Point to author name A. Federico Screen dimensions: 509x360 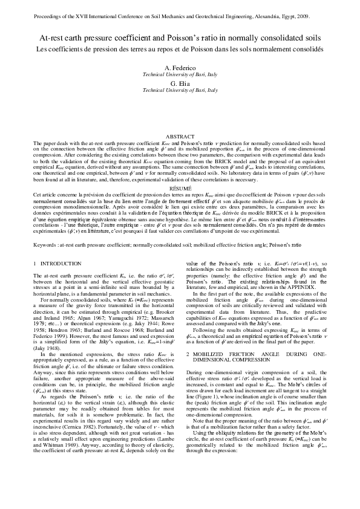tap(180, 68)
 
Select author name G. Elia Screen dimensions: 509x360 tap(180, 83)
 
